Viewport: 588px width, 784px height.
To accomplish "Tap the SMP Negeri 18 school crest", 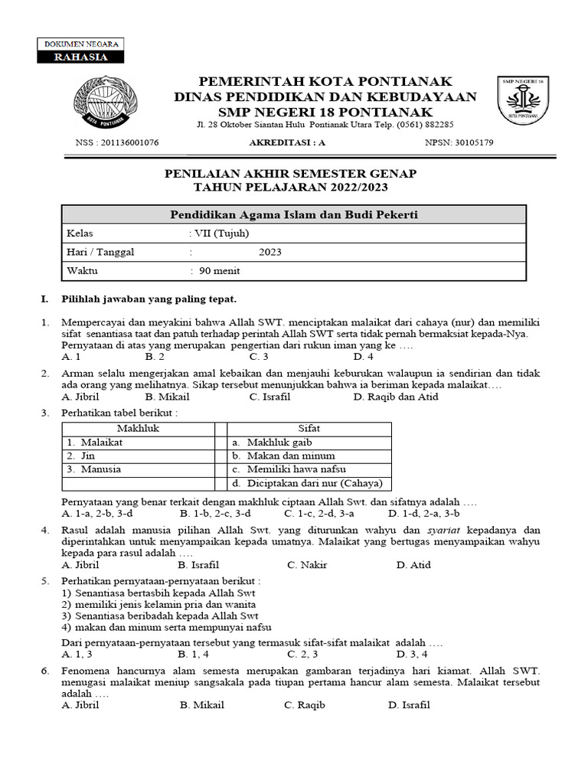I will click(x=524, y=100).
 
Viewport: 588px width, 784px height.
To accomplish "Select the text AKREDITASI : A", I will click(x=287, y=142).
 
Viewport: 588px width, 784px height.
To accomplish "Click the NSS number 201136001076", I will click(x=117, y=142).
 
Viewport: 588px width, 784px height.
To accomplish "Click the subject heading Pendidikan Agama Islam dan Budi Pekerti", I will click(x=293, y=214).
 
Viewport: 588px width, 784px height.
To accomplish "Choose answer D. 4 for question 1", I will click(x=363, y=357).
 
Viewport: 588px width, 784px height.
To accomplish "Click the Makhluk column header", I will click(x=138, y=429).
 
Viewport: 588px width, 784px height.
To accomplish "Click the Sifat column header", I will click(x=309, y=429).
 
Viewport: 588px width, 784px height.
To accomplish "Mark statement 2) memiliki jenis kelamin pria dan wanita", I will click(x=158, y=604).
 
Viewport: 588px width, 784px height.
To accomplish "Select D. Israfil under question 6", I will click(x=409, y=705).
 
